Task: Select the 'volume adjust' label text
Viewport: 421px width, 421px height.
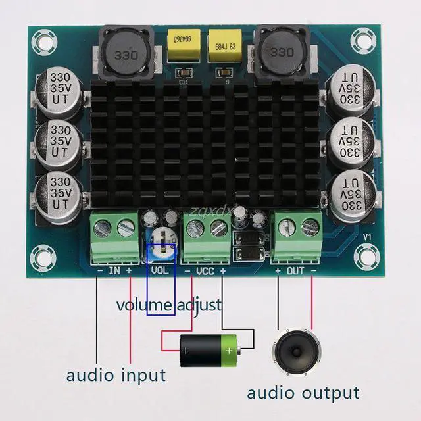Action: tap(169, 305)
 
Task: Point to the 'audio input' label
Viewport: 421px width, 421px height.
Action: tap(116, 376)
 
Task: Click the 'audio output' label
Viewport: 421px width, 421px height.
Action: tap(303, 393)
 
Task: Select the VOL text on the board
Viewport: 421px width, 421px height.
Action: tap(160, 270)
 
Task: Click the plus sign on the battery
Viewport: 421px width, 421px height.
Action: tap(229, 351)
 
